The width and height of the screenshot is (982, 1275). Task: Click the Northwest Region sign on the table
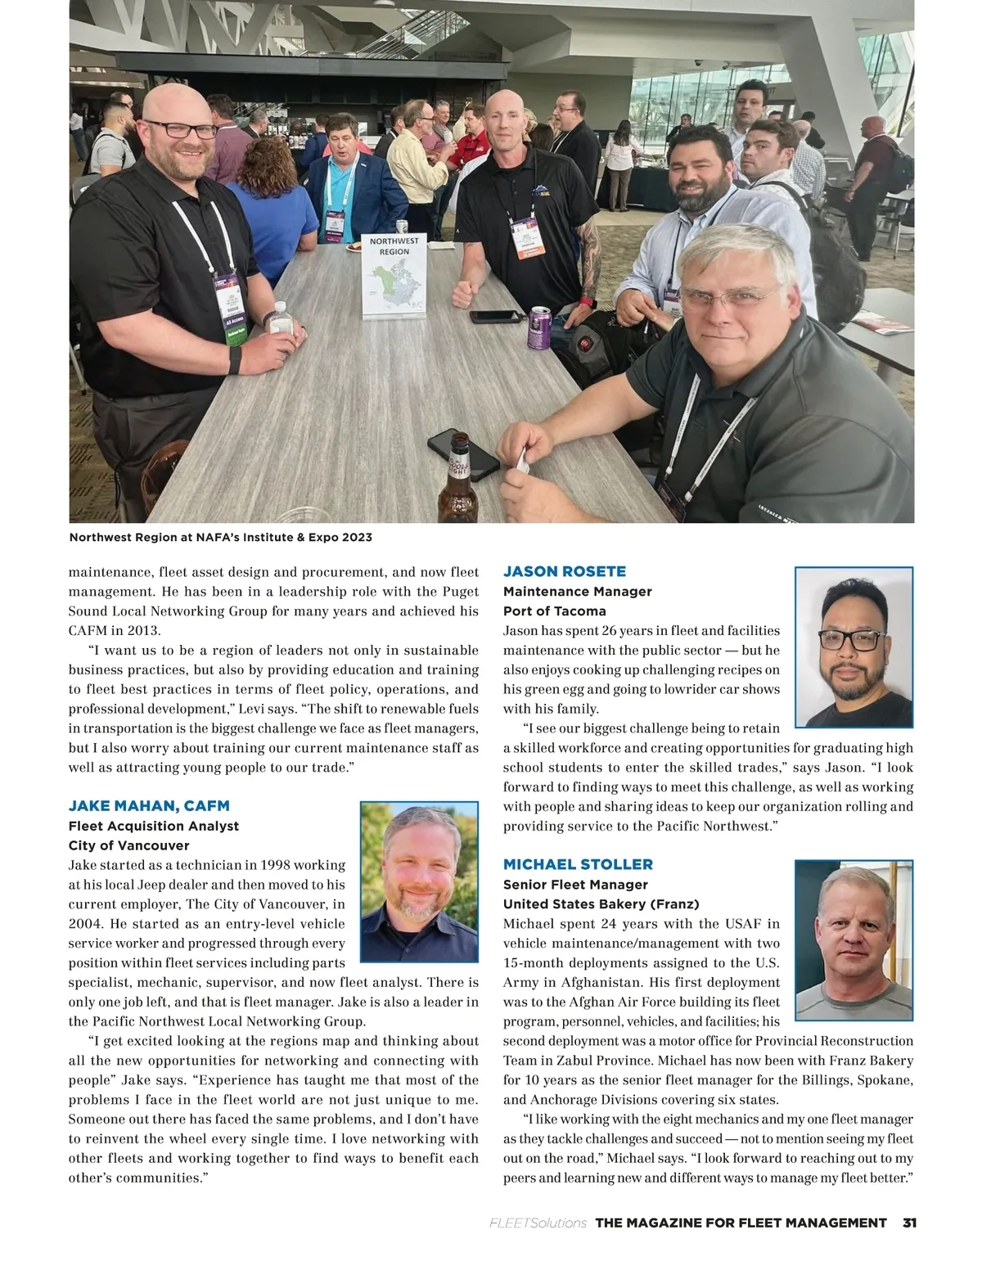[394, 275]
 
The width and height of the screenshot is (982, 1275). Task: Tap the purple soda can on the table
[540, 327]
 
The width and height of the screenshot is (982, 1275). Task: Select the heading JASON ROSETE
[565, 571]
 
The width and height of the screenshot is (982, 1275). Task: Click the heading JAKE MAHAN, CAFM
[149, 805]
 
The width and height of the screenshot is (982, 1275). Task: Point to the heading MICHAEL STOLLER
[578, 864]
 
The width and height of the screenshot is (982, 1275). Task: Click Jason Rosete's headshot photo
[854, 647]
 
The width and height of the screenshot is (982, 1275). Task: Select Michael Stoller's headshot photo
[854, 940]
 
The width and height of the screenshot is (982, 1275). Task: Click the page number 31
[908, 1223]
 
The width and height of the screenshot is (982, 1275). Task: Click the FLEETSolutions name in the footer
[538, 1223]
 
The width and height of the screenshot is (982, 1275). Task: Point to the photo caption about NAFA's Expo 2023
[220, 538]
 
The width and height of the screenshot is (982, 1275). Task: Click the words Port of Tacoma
[555, 610]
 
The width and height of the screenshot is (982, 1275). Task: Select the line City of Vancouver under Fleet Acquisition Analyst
[128, 845]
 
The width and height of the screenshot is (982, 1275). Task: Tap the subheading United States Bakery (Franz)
[601, 904]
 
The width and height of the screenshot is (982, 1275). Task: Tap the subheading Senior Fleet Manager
[575, 885]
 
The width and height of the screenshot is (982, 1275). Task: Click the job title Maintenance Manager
[578, 591]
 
